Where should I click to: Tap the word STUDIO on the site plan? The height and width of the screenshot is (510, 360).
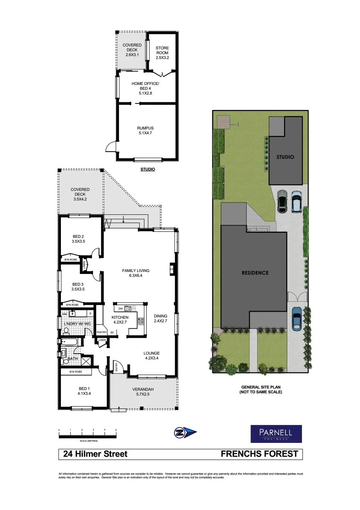coord(285,157)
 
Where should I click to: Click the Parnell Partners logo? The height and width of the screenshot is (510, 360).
coord(276,433)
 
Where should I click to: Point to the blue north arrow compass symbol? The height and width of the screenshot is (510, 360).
coord(185,432)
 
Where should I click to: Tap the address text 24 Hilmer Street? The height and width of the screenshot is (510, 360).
coord(96,454)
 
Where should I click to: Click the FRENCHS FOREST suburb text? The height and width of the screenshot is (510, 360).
coord(260,454)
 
